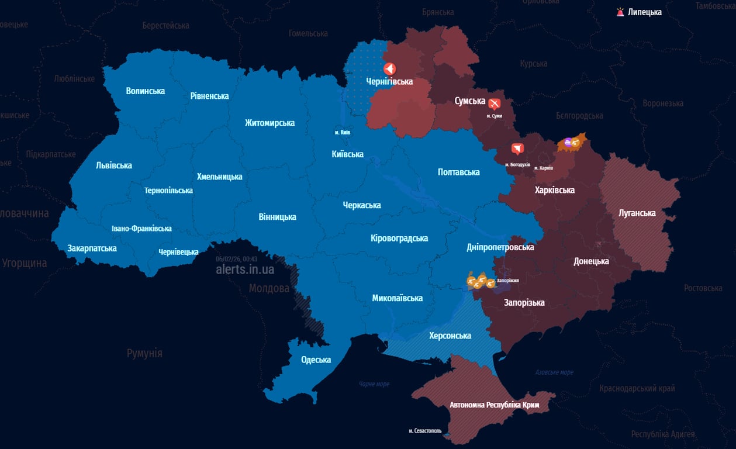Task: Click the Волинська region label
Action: click(x=145, y=91)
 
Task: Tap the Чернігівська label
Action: click(x=389, y=82)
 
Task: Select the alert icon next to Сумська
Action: click(x=495, y=104)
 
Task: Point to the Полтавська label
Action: click(x=458, y=172)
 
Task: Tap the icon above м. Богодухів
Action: click(x=517, y=149)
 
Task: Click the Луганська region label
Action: click(x=637, y=213)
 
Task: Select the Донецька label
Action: click(x=591, y=261)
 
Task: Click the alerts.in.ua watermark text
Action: click(x=244, y=270)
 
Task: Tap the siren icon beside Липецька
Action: click(x=620, y=12)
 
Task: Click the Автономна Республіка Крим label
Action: click(x=494, y=405)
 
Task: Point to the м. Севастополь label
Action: click(x=425, y=431)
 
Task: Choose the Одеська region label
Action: click(x=316, y=360)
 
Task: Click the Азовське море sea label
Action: click(x=554, y=372)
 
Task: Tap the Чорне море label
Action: click(x=374, y=384)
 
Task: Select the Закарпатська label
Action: click(x=92, y=248)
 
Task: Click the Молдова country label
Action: click(x=269, y=289)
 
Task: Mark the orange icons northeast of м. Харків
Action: click(x=571, y=142)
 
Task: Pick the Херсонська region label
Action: click(x=450, y=336)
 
